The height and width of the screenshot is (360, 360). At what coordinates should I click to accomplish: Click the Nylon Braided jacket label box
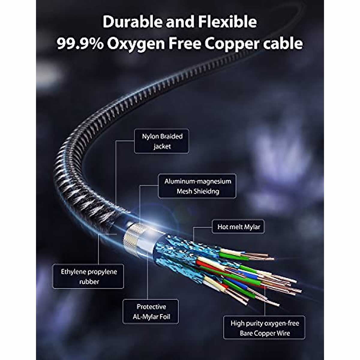161,141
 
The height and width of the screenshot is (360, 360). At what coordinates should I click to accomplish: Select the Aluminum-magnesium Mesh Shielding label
197,186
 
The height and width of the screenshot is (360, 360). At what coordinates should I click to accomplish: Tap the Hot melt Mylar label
238,227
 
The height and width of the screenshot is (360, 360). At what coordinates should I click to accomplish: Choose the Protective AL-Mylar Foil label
151,311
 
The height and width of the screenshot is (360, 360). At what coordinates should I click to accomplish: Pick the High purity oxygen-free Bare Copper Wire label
264,328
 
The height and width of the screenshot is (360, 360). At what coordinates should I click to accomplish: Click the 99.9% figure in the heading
80,44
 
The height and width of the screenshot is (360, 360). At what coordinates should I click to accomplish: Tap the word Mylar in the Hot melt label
251,227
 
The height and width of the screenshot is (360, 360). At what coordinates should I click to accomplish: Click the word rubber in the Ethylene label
89,281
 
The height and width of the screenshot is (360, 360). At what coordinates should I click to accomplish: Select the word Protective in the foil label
151,307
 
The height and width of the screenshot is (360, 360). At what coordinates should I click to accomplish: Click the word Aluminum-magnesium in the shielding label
198,181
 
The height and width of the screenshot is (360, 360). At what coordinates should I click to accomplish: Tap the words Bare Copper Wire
265,333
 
